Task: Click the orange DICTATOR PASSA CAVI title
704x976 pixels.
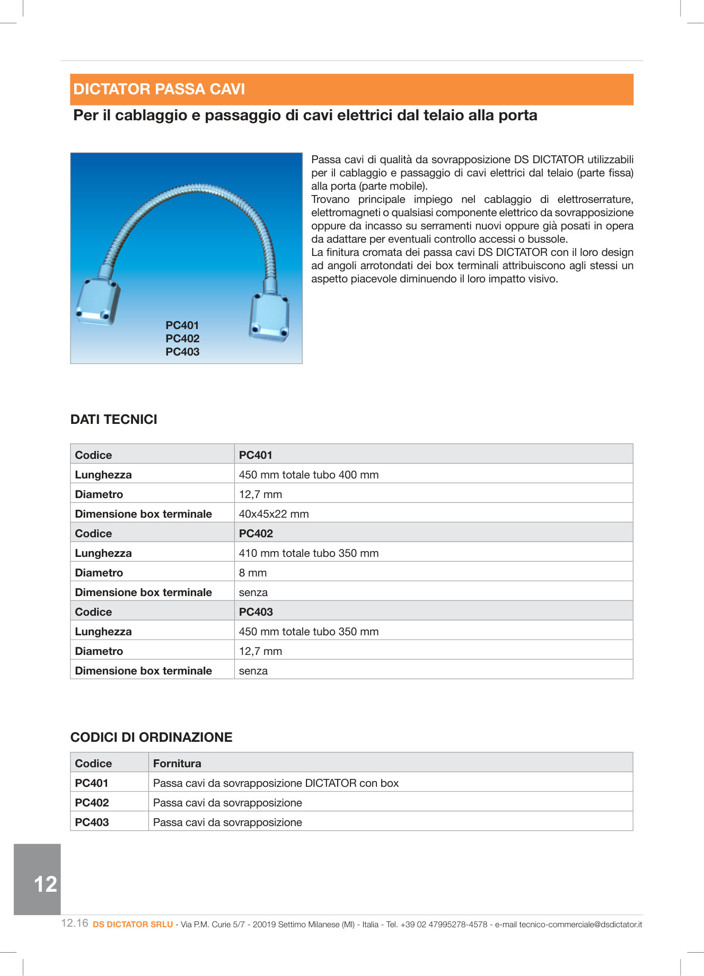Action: [159, 89]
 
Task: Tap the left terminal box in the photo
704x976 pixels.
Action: [98, 301]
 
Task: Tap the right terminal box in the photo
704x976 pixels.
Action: [270, 317]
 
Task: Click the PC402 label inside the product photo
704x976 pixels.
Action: [182, 339]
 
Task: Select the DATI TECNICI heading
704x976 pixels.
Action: [114, 419]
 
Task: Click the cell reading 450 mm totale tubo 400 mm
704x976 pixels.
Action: [309, 475]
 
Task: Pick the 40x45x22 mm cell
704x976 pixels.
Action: [274, 514]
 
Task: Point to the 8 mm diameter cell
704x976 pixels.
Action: [253, 573]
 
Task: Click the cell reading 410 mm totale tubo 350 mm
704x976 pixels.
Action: [309, 553]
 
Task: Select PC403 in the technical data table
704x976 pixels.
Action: [256, 612]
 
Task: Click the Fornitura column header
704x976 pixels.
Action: [177, 764]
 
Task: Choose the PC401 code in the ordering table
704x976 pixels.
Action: [92, 783]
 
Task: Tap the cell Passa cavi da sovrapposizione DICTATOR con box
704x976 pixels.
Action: [276, 783]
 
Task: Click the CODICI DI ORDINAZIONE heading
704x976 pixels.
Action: [152, 737]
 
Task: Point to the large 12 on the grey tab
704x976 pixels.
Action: [45, 884]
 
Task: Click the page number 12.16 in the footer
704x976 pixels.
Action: [75, 924]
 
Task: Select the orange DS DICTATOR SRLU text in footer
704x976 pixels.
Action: [133, 925]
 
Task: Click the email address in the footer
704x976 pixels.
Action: [580, 925]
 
